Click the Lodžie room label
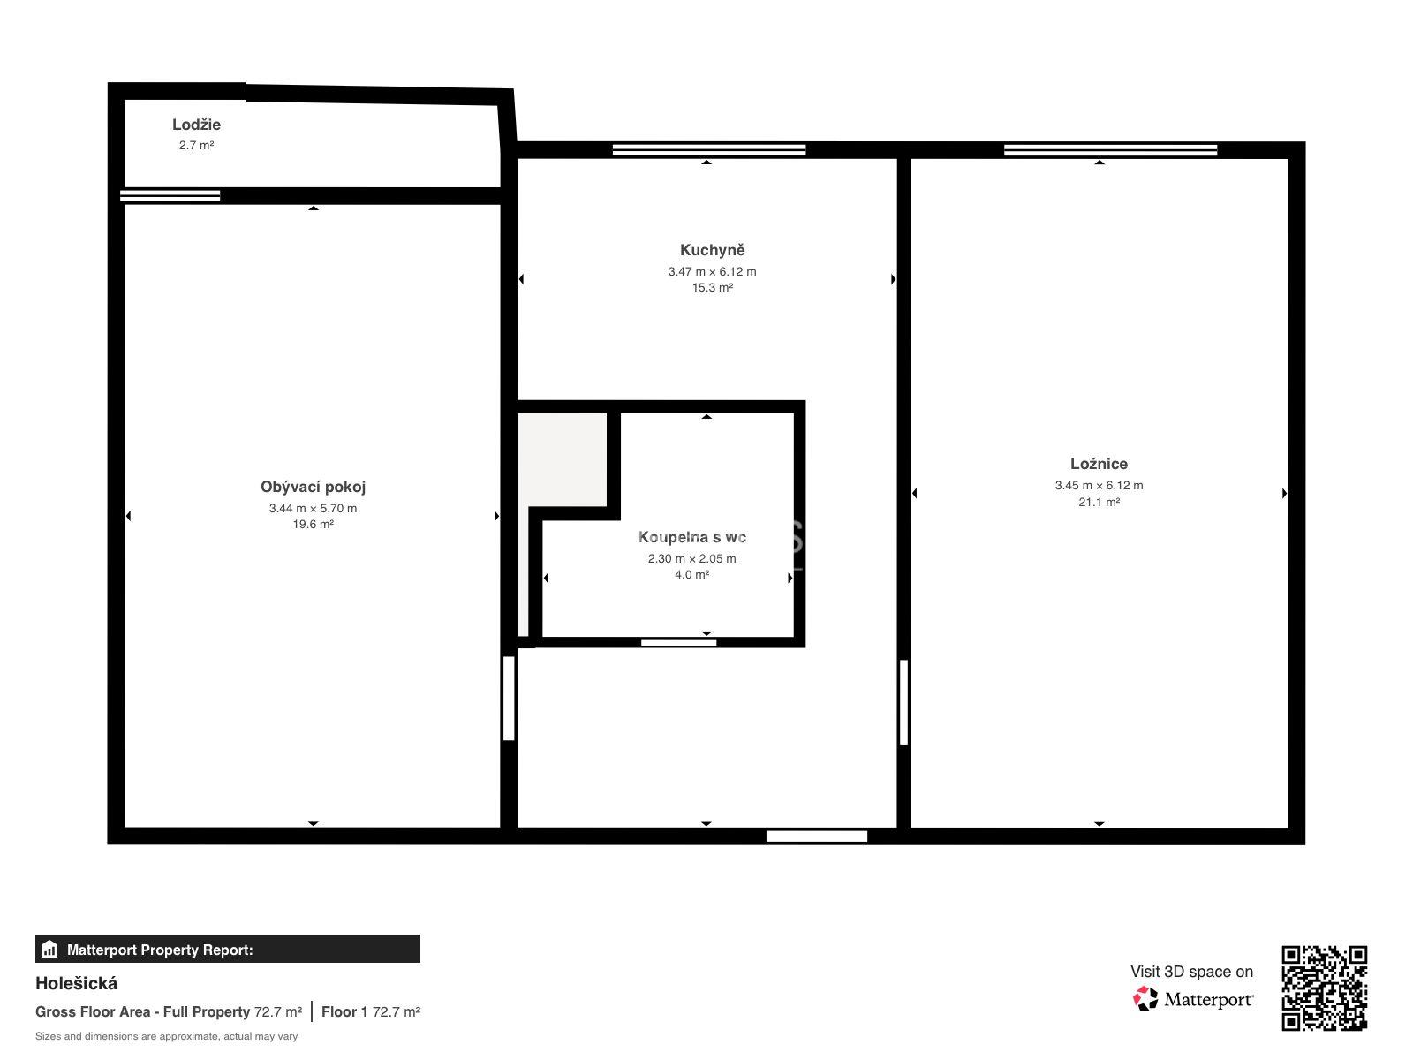point(196,125)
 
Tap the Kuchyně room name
point(712,250)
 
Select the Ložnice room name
point(1099,464)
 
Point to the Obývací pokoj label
point(313,488)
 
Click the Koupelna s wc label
point(692,537)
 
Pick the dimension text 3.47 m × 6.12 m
point(712,272)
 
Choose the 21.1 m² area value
point(1099,503)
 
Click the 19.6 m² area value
point(313,525)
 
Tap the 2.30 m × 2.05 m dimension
point(692,559)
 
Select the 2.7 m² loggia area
point(196,146)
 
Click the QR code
point(1324,988)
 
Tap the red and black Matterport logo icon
point(1145,999)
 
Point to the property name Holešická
point(76,984)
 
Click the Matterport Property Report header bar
point(227,950)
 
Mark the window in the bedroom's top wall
point(1110,150)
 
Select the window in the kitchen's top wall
point(709,150)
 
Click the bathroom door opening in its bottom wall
point(678,642)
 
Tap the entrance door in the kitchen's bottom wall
point(816,837)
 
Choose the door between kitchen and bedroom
point(903,702)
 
